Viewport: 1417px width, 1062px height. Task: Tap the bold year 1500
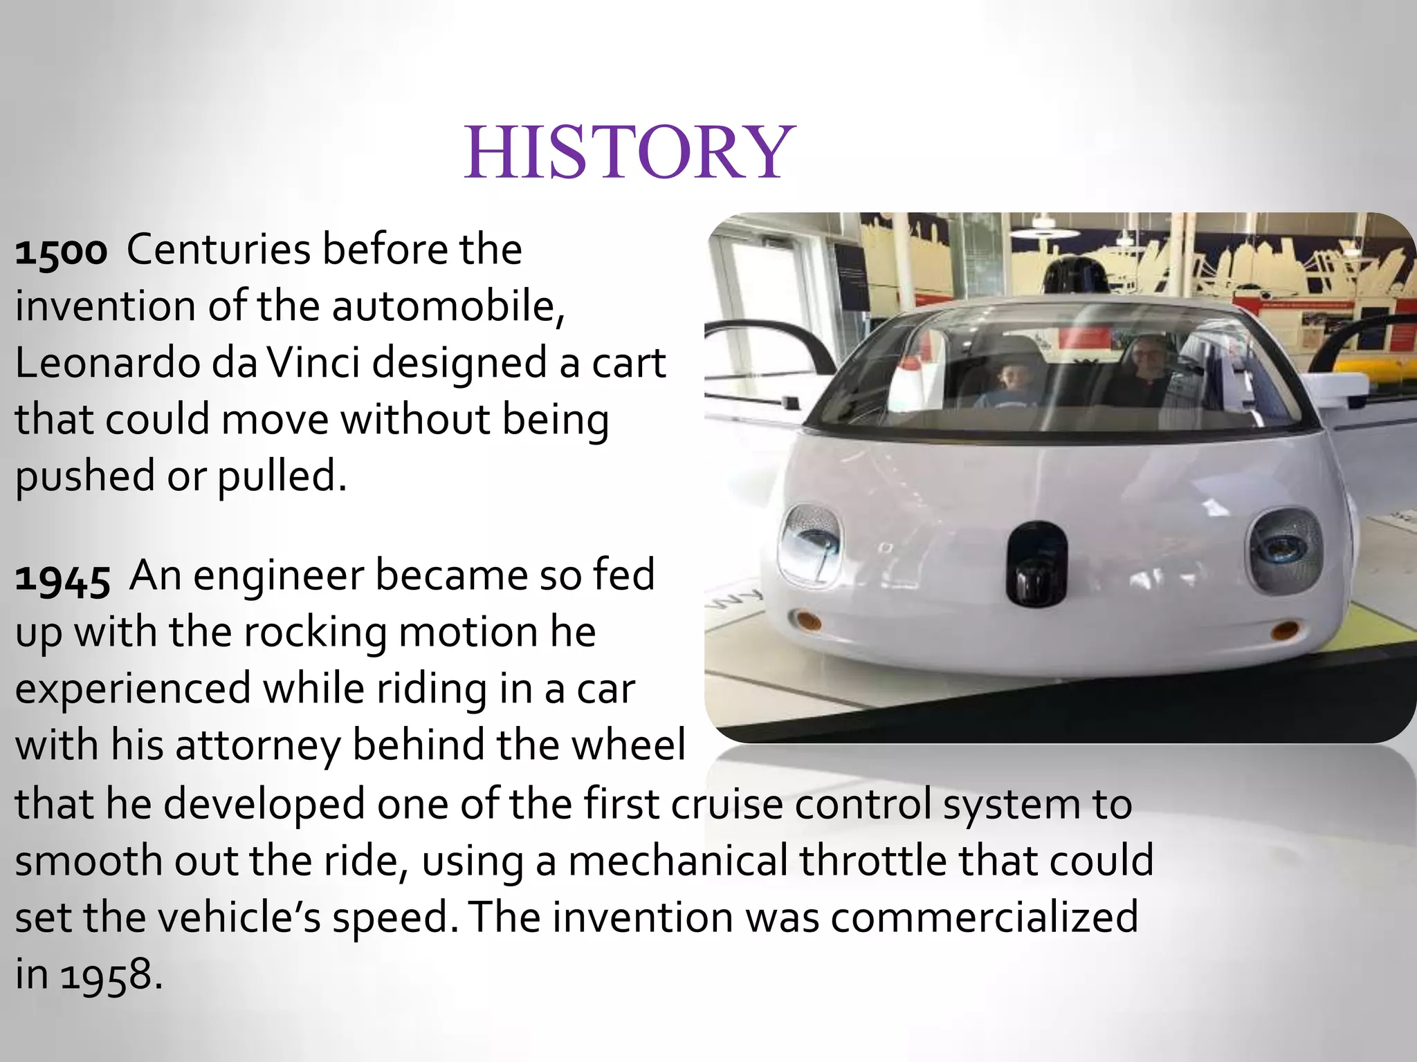[x=61, y=251]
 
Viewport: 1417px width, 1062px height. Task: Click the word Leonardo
[x=107, y=363]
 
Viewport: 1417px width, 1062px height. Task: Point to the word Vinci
[x=313, y=363]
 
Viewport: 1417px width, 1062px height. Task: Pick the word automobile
[x=444, y=306]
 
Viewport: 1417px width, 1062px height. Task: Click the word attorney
[x=257, y=746]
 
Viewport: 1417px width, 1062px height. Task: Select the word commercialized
[x=984, y=917]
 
